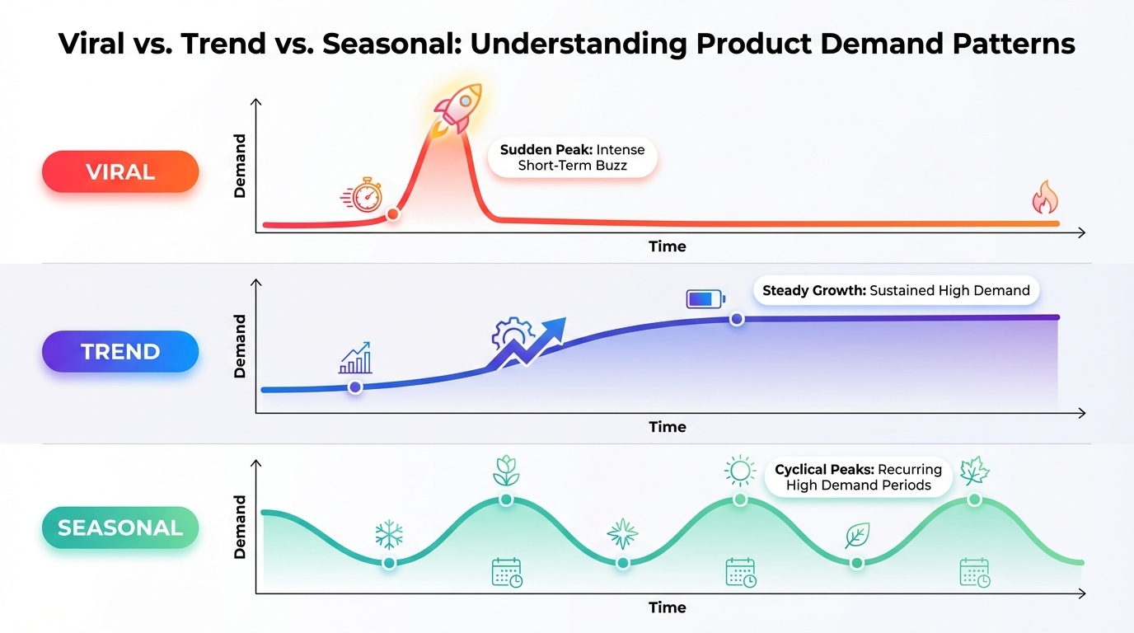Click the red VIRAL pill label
[120, 171]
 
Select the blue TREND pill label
[120, 352]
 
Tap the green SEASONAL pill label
[120, 527]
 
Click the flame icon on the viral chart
[1045, 199]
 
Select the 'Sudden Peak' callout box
[572, 157]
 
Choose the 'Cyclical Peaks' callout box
[858, 477]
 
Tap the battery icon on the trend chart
[705, 298]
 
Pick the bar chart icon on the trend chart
[355, 359]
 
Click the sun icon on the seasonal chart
[739, 471]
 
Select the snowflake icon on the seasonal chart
[388, 534]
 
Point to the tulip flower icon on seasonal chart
[506, 470]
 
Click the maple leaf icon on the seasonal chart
[974, 471]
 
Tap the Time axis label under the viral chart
[667, 246]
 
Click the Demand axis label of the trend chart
[240, 346]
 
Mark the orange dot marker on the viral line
[393, 213]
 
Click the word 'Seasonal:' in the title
[391, 44]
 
